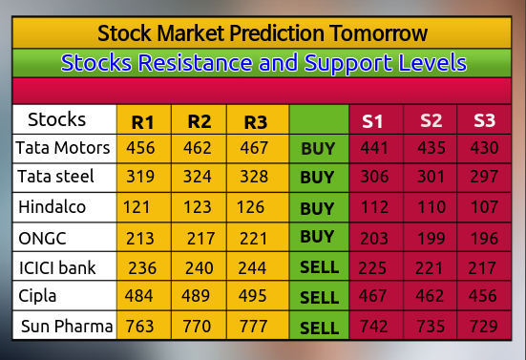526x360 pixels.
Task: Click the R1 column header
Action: click(x=143, y=122)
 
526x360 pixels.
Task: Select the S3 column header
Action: click(x=484, y=121)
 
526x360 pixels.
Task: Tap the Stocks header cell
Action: click(x=56, y=120)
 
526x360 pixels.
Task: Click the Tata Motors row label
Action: click(x=63, y=149)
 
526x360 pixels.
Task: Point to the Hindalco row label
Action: click(x=53, y=207)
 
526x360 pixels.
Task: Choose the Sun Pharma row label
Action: click(x=67, y=327)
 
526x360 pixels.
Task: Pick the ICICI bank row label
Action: click(x=57, y=267)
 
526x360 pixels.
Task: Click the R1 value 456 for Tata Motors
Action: click(x=140, y=149)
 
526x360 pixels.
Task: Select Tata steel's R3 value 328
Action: click(x=255, y=178)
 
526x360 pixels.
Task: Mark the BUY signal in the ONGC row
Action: click(x=317, y=238)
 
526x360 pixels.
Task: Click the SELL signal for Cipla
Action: click(x=319, y=298)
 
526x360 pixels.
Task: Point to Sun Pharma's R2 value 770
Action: click(x=199, y=327)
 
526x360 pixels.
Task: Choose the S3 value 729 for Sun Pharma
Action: click(x=484, y=327)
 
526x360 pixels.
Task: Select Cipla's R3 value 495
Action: click(x=256, y=297)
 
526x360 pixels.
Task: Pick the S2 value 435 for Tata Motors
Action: click(x=430, y=149)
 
